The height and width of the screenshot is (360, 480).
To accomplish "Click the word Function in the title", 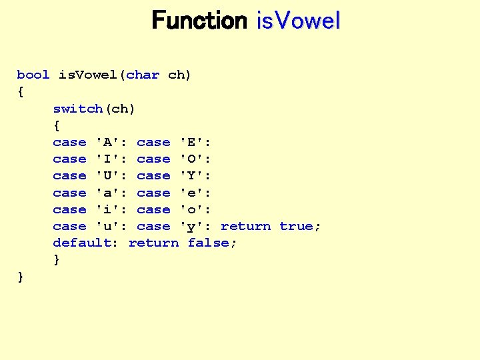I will coord(199,21).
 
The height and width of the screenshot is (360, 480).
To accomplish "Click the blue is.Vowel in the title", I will coord(298,21).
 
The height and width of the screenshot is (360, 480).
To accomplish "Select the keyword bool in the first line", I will coord(33,75).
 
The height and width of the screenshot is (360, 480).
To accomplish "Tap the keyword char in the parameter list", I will coord(143,75).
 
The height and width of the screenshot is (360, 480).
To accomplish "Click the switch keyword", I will coord(78,108).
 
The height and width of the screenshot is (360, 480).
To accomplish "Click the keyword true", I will coord(296,226).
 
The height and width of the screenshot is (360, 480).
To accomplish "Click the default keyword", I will coord(82,243).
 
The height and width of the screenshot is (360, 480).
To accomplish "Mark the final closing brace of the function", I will coord(21,277).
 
